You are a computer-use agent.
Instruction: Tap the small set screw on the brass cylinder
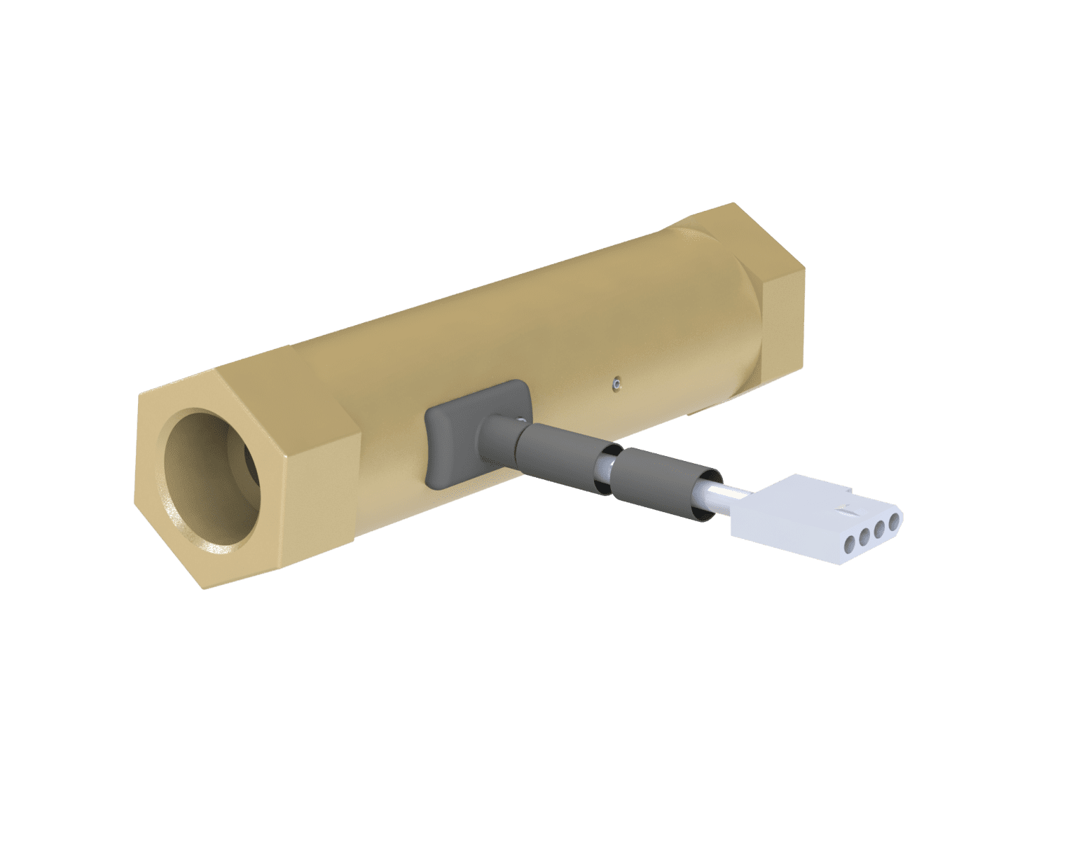tap(614, 383)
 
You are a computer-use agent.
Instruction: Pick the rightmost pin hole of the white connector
tap(893, 522)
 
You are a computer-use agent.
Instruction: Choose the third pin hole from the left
tap(878, 528)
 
